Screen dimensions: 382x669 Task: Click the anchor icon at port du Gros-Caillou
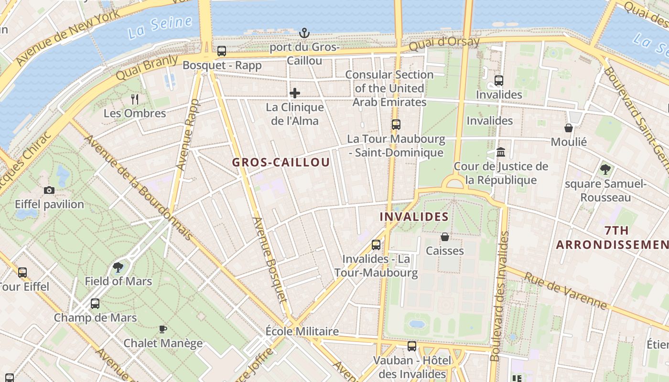(304, 33)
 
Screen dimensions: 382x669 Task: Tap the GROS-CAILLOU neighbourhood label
(281, 162)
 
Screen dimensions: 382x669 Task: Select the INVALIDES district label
(414, 217)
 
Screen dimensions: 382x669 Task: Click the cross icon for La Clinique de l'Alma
(295, 93)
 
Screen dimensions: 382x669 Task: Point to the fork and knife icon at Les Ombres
(135, 99)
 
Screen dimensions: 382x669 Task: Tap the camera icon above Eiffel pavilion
(49, 191)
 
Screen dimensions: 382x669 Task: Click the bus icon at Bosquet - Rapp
(222, 51)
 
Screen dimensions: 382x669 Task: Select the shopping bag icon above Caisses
(445, 237)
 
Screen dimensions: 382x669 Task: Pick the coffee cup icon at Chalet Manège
(163, 329)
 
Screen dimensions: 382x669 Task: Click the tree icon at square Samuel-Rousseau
(605, 169)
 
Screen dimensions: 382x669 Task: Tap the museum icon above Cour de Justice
(501, 152)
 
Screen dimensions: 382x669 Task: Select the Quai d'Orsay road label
(444, 43)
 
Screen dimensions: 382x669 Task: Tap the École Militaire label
(302, 331)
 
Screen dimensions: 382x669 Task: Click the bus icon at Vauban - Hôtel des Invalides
(412, 346)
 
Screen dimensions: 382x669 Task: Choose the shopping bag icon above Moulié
(569, 127)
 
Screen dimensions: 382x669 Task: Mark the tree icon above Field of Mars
(118, 267)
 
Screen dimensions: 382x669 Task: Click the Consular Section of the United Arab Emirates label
(389, 88)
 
